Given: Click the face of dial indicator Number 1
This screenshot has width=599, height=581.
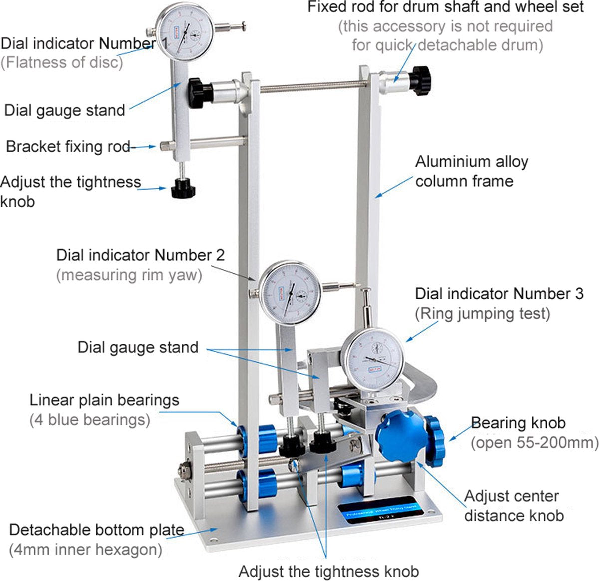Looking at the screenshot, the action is (x=184, y=32).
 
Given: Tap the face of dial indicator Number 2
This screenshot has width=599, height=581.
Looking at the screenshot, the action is (x=290, y=292).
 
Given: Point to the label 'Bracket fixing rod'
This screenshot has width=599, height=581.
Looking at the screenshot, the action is (x=68, y=147).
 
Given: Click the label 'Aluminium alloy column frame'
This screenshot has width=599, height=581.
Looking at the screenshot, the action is (x=472, y=171).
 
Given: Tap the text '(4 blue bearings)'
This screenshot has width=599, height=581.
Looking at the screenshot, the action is (x=90, y=420).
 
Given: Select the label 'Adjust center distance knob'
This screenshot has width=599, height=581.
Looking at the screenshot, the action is (x=514, y=506).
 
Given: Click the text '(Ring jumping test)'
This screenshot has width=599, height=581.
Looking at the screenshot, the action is (x=482, y=314).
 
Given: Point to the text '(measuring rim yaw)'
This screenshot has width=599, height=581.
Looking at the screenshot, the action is (x=129, y=275).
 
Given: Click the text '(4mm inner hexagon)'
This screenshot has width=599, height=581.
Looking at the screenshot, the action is (x=85, y=549).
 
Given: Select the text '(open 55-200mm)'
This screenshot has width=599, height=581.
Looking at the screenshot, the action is (x=535, y=443).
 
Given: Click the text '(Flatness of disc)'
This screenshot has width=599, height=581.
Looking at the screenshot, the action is (x=62, y=62).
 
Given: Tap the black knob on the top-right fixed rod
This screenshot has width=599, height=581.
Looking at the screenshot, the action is (x=421, y=81).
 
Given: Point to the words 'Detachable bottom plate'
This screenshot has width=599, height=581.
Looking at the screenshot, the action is (x=97, y=530).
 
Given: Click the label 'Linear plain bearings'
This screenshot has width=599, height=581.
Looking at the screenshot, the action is (x=104, y=400).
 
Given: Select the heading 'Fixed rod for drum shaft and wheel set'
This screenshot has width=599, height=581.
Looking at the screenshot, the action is (x=445, y=7).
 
